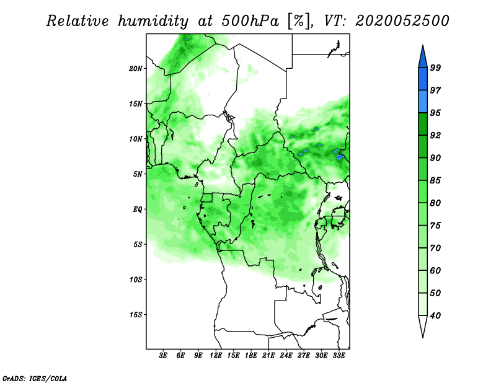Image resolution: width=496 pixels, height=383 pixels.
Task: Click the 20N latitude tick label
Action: pos(136,69)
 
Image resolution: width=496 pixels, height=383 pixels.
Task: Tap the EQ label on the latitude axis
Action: pos(137,209)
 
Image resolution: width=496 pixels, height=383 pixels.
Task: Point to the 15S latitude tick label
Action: pos(136,315)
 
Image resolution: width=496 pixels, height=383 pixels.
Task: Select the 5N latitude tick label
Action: pos(138,174)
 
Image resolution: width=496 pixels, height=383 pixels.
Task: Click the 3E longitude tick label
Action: pos(163,356)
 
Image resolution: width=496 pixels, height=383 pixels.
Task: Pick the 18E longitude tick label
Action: pos(251,356)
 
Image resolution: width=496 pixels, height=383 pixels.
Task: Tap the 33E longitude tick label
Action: pos(339,356)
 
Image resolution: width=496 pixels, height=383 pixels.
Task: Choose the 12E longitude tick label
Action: pos(216,356)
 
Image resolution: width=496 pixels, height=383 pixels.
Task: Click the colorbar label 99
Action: pos(435,68)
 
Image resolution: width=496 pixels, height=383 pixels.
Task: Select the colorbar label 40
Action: pos(435,315)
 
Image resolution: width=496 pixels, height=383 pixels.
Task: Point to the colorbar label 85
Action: pos(435,180)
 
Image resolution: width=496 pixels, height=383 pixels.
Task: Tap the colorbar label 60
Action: pos(435,270)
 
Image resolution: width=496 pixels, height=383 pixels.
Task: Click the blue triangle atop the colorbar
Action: pos(423,58)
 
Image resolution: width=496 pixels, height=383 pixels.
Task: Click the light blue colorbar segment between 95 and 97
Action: pos(423,102)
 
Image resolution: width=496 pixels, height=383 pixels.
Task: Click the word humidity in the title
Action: pos(153,21)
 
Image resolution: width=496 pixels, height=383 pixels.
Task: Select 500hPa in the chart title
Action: pos(250,21)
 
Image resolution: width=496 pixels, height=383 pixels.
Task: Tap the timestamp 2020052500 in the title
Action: pos(402,21)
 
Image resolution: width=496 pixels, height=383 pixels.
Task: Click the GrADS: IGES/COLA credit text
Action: pos(35,378)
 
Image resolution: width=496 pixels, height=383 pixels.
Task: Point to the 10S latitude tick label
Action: pos(136,280)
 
